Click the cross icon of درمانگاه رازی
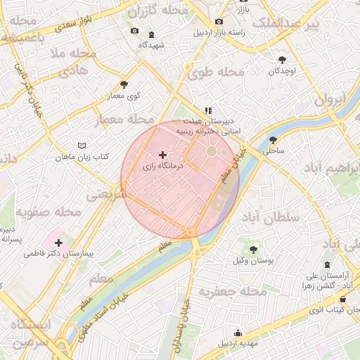click(x=162, y=154)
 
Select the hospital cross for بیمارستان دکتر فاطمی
click(x=58, y=243)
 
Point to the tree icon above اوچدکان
click(x=282, y=60)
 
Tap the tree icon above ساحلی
click(x=273, y=139)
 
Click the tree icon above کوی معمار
click(x=124, y=84)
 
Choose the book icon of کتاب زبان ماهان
click(x=82, y=145)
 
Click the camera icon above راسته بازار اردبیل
click(x=219, y=21)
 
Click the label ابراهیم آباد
click(x=332, y=169)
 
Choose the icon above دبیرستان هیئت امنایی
click(x=207, y=110)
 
